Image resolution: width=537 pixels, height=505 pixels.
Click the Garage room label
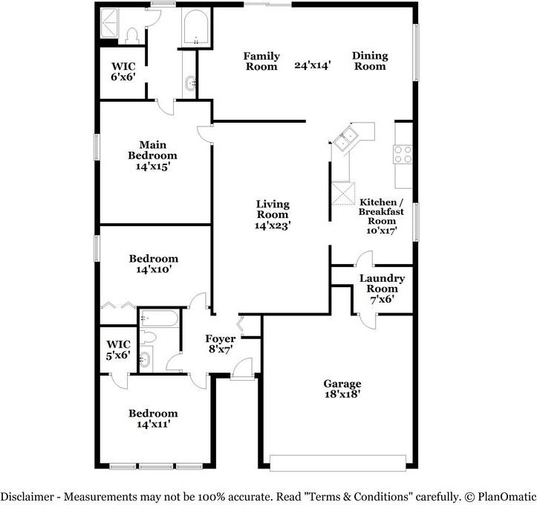342,384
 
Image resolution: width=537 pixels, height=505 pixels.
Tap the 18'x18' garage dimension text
342,395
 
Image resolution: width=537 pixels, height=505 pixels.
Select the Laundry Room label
383,284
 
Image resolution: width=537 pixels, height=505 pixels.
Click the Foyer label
221,339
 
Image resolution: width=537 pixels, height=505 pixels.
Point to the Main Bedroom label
153,150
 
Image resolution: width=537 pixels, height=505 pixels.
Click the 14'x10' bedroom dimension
153,270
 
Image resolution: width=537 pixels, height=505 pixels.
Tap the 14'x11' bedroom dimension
153,424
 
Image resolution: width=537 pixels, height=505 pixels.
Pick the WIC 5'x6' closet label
119,350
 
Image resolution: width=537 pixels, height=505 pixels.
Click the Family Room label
262,61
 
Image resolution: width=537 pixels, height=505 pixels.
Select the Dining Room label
369,61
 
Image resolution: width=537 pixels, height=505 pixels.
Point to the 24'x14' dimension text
312,65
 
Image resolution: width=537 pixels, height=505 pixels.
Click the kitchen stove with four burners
403,154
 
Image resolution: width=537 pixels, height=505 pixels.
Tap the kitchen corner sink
346,138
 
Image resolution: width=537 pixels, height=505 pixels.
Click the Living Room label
273,209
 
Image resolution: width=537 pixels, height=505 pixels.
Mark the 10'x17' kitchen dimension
382,231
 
